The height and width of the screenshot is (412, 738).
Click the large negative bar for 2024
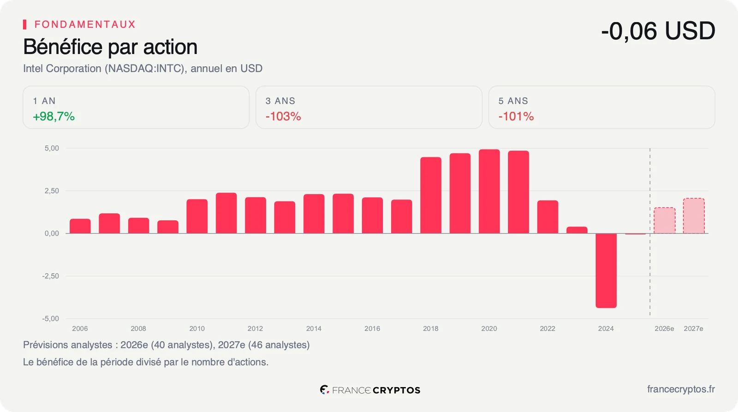coord(606,271)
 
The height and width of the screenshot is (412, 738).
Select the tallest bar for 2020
coord(489,192)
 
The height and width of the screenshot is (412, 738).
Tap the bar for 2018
coord(431,195)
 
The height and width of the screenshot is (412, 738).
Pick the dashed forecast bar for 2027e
coord(694,216)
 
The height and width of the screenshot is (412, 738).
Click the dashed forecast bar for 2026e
coord(665,220)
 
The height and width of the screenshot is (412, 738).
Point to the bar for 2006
coord(80,226)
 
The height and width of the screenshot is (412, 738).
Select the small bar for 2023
coord(577,230)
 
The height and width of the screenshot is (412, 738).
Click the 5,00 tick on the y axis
coord(52,148)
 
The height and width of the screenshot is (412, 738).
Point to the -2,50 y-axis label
coord(50,276)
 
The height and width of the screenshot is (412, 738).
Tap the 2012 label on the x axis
coord(256,329)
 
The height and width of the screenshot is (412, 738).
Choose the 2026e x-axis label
coord(664,329)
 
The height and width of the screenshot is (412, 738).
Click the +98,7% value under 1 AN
coord(54,117)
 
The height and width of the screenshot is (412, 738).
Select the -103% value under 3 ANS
coord(283,117)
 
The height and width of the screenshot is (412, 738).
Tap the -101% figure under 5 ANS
coord(516,117)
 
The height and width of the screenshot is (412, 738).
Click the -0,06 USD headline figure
coord(658,31)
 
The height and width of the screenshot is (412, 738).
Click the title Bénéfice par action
coord(110,47)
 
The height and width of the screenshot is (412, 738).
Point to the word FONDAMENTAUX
coord(85,24)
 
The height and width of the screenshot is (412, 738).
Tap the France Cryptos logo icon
coord(325,390)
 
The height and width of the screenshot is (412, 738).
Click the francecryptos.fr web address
coord(681,389)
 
